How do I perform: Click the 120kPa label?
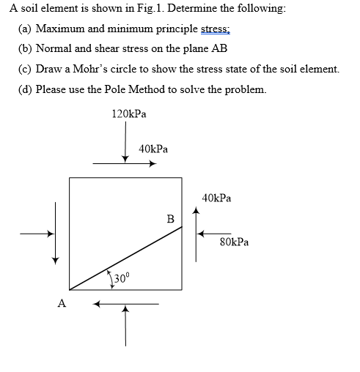click(128, 114)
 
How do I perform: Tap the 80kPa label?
click(234, 241)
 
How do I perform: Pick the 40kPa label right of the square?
click(216, 198)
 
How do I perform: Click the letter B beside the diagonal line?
click(170, 218)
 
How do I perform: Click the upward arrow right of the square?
click(196, 234)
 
